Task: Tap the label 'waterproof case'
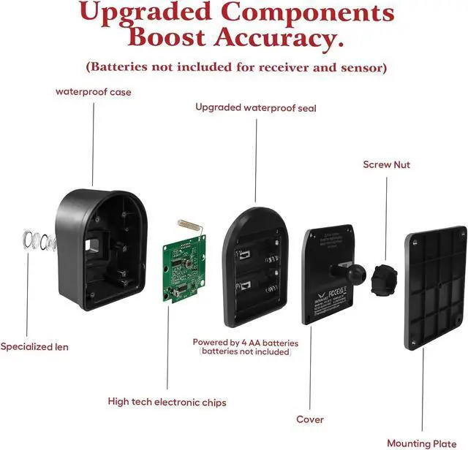coord(94,92)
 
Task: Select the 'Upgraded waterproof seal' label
coord(255,107)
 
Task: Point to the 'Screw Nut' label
coord(387,164)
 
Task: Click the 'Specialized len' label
coord(34,346)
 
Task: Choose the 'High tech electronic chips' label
coord(167,402)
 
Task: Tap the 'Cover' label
coord(310,419)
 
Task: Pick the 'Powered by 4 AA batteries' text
coord(246,342)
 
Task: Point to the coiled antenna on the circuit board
coord(189,222)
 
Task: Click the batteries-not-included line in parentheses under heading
coord(235,67)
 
